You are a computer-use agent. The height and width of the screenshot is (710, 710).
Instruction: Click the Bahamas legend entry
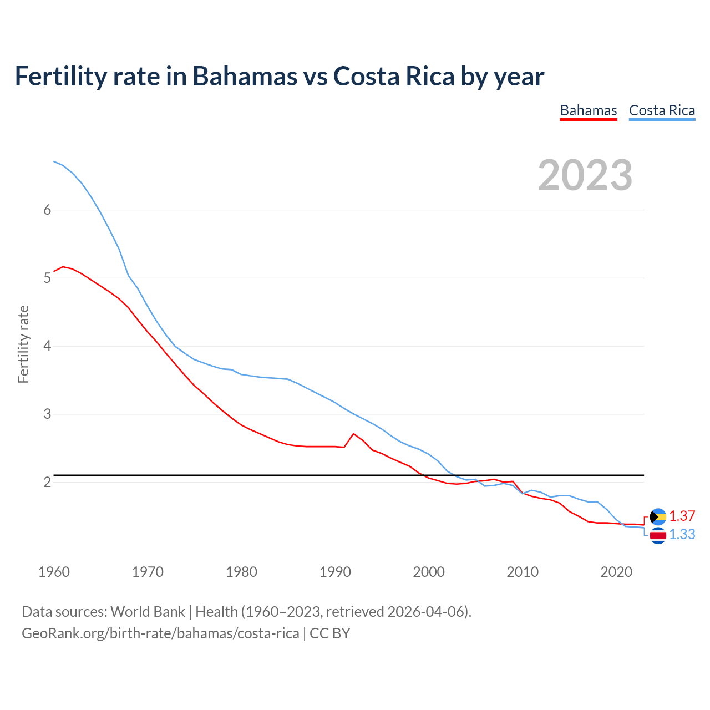[588, 110]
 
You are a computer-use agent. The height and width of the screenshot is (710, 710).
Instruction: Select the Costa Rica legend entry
[662, 110]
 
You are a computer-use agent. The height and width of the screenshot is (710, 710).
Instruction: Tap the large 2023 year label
[585, 175]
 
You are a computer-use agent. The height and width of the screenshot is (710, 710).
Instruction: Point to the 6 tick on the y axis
[48, 210]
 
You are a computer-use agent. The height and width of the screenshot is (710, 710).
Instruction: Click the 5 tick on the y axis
[48, 278]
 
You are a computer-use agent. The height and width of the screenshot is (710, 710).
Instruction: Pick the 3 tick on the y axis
[48, 414]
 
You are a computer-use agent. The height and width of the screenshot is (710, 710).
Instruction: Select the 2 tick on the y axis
[48, 482]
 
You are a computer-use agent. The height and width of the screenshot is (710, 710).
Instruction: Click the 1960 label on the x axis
[54, 572]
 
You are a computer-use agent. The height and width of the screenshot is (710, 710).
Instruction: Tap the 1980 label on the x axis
[241, 572]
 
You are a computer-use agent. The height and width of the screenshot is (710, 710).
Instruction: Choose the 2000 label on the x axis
[429, 572]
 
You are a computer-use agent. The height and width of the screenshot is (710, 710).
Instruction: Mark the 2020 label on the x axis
[616, 572]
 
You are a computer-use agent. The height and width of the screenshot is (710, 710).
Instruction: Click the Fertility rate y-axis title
[23, 344]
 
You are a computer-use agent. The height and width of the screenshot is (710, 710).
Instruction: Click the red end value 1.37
[682, 516]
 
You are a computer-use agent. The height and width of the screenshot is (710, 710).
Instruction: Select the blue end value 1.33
[682, 534]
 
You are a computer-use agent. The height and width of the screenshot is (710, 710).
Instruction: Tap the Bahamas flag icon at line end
[658, 517]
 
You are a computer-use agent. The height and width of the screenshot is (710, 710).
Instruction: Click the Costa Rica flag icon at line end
[658, 535]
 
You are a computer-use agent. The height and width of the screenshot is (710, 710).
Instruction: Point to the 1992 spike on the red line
[354, 434]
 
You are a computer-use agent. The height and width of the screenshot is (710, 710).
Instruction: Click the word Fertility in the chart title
[59, 76]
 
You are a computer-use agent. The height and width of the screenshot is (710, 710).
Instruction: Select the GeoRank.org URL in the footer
[160, 633]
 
